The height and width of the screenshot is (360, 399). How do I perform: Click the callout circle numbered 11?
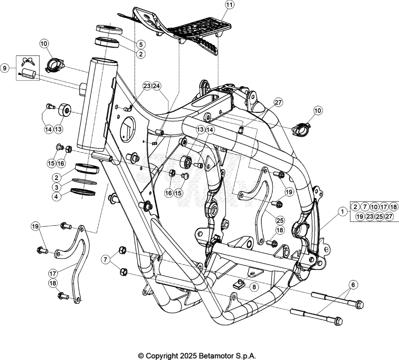pos(229,5)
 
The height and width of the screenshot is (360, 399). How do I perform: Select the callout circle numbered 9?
pos(5,68)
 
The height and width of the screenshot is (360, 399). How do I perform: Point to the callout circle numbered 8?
pos(254,287)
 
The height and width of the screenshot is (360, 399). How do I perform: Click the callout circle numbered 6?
pos(353,284)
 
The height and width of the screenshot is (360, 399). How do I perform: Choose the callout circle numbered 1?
pos(343,212)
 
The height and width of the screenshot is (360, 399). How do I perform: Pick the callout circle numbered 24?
pos(156,86)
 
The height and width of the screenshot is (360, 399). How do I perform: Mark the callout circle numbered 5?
pos(141,44)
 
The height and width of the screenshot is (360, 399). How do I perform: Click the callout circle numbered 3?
pos(56,187)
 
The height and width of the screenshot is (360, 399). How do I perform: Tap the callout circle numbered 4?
pos(56,197)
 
